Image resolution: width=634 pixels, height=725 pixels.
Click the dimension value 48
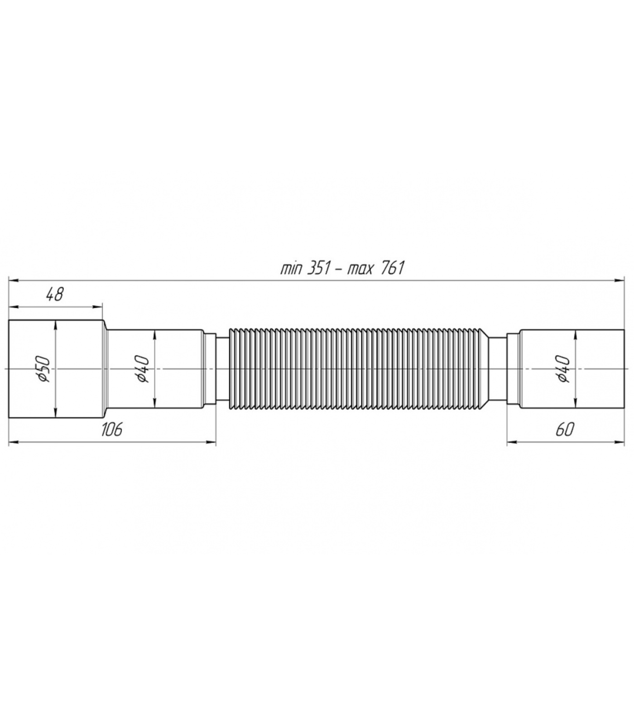(x=54, y=295)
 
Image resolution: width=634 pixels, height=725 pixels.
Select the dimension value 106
(x=111, y=429)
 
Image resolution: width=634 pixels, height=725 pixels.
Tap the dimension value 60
(x=564, y=429)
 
